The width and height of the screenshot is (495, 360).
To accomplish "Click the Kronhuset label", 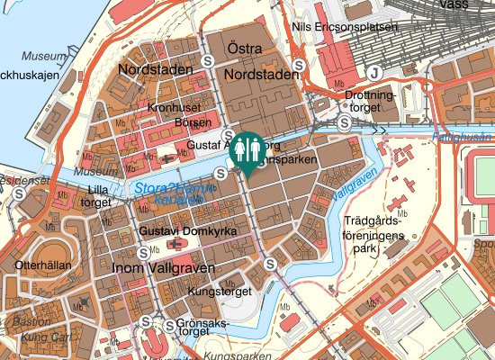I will (x=174, y=107).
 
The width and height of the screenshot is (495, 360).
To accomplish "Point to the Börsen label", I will (x=193, y=122).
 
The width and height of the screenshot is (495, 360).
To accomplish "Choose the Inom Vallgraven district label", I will (x=163, y=268).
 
